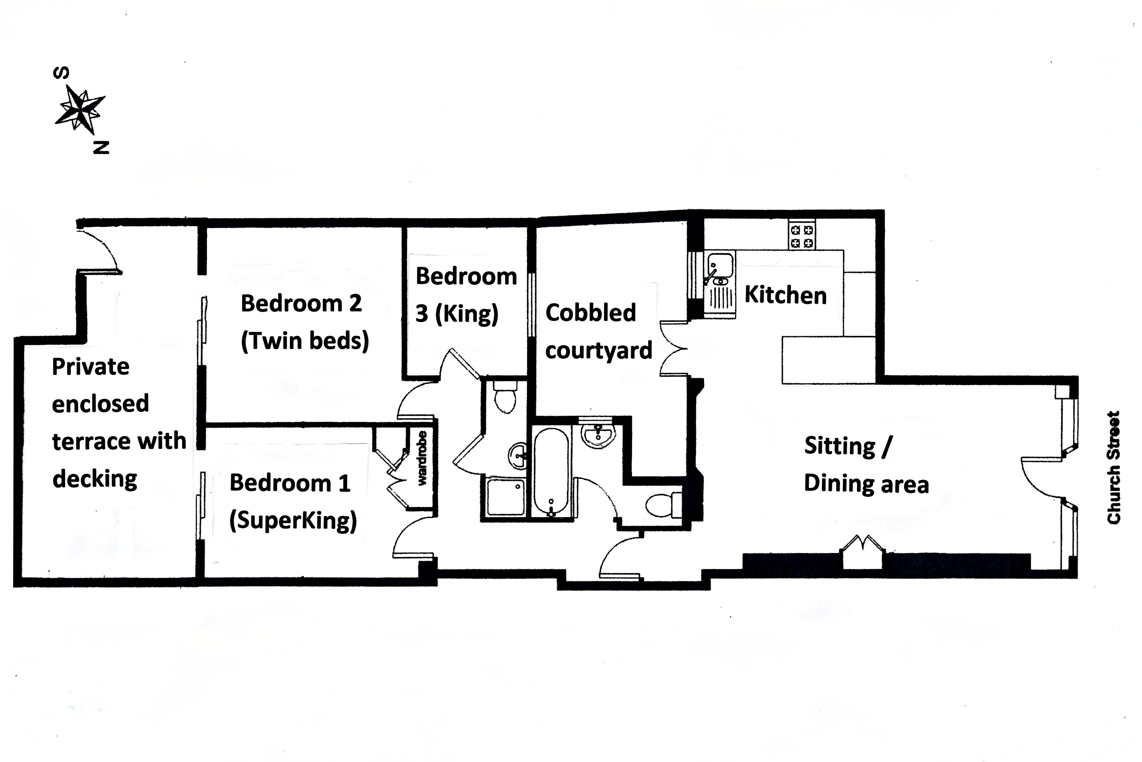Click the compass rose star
point(79,110)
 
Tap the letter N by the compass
point(101,148)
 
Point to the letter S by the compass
point(61,73)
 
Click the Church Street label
point(1113,468)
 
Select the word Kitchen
point(785,295)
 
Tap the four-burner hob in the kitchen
point(802,236)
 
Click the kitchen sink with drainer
point(720,284)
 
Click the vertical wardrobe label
point(422,458)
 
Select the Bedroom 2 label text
point(301,303)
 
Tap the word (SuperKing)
point(293,521)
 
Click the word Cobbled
point(591,313)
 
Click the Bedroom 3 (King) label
point(466,295)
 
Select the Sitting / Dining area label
point(866,465)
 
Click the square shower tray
point(505,497)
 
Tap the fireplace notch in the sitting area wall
point(862,553)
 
